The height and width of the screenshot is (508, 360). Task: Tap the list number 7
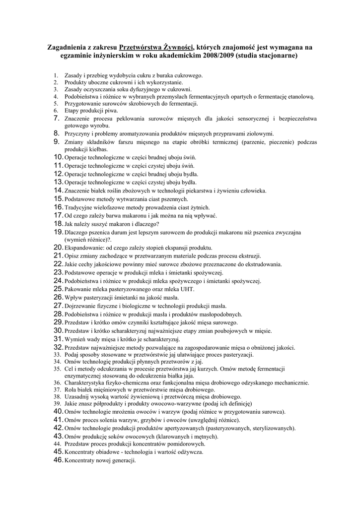[56, 119]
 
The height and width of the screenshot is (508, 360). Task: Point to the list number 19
[58, 232]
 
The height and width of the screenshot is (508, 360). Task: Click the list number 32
[58, 347]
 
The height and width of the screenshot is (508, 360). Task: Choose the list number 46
[58, 460]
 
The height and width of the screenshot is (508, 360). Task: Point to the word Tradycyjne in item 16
[78, 207]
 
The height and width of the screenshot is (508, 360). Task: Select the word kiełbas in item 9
[98, 149]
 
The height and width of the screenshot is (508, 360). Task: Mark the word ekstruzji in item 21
[249, 255]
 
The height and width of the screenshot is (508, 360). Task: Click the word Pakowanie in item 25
[78, 289]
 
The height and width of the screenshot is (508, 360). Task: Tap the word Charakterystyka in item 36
[88, 383]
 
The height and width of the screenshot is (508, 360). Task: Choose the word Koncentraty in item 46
[81, 460]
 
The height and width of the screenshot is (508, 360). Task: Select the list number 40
[58, 411]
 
